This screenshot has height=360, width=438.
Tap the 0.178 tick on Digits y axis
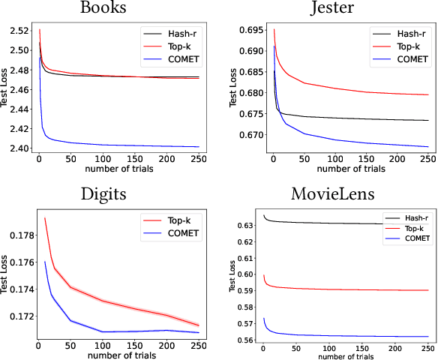tap(16, 235)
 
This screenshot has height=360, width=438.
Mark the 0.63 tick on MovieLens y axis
tap(245, 224)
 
